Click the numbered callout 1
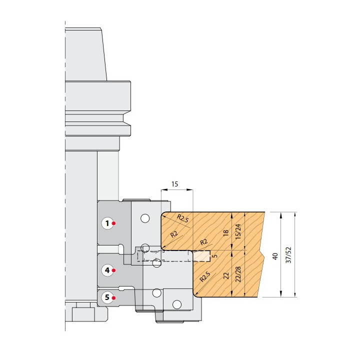coord(107,223)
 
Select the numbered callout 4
coord(107,270)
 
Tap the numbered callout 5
coord(107,298)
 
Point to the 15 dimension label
coord(174,184)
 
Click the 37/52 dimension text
coord(288,255)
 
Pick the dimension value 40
coord(275,256)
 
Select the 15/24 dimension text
coord(238,231)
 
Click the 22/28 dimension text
coord(238,274)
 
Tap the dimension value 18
coord(226,232)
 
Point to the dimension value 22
coord(226,275)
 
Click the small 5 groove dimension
coord(215,255)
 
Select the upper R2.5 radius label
coord(183,218)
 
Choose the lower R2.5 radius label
coord(205,276)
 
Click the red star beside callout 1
coord(113,223)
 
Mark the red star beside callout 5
coord(113,298)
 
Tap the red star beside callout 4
coord(113,270)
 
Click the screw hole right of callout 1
coord(145,218)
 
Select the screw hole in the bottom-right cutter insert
coord(177,304)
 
